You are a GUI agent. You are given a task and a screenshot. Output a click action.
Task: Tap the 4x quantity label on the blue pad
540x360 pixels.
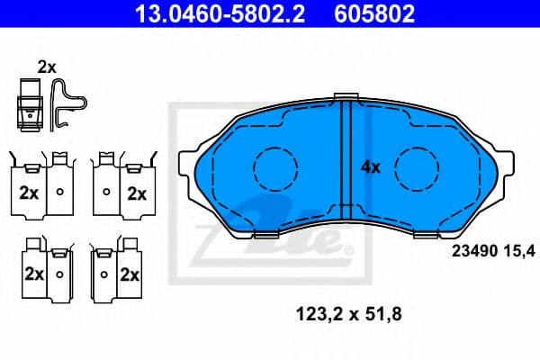tap(371, 166)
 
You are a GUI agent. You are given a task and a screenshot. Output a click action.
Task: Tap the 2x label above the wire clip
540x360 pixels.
tap(47, 66)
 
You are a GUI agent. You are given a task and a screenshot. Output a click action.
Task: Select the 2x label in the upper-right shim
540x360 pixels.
tap(136, 192)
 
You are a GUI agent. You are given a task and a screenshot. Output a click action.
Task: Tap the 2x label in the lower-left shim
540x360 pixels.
tap(34, 274)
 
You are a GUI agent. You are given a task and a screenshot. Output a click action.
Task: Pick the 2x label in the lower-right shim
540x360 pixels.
tap(130, 274)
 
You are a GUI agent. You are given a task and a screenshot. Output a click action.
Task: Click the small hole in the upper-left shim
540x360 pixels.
tap(59, 192)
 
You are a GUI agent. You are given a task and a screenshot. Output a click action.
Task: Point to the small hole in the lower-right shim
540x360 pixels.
tap(103, 274)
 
